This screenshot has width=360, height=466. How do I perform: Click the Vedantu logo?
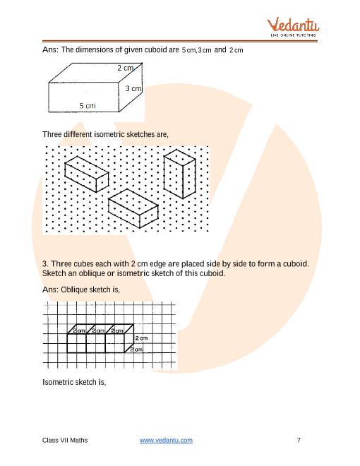point(293,27)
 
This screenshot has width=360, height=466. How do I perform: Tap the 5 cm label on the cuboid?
point(88,106)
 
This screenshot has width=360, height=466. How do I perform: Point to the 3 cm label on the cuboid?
point(133,88)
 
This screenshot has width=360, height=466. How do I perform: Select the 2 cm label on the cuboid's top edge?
point(126,68)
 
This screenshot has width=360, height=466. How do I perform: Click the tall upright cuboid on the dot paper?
point(179,174)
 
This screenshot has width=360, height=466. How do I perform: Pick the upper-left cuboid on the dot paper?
point(87,174)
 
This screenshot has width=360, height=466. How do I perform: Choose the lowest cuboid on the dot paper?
point(133,208)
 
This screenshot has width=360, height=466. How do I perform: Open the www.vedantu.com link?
point(166,440)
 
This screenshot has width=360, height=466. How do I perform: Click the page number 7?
point(299,440)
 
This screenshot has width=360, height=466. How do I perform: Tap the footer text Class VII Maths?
point(65,440)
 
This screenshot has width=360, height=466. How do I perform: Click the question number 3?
point(45,264)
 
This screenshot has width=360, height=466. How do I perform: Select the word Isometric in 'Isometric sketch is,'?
point(56,382)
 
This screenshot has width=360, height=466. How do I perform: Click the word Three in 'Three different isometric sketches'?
point(52,134)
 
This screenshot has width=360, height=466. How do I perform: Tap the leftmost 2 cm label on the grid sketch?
point(79,330)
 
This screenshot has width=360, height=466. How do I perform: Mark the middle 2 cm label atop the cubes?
point(98,330)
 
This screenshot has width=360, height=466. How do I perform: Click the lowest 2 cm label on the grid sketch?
point(136,349)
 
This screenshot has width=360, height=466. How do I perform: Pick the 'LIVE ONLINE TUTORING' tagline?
point(293,35)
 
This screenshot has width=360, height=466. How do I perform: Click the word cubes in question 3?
point(84,264)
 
